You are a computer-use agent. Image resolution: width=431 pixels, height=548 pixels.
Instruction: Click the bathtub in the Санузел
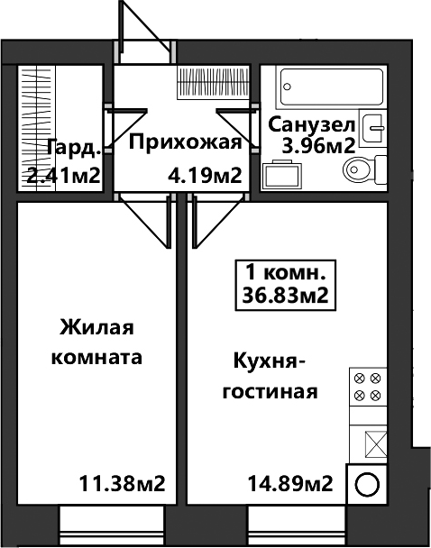(x=332, y=87)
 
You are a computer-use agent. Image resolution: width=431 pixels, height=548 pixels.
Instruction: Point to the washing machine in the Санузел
(x=281, y=174)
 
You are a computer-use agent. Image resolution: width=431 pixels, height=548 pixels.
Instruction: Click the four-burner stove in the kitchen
(x=368, y=387)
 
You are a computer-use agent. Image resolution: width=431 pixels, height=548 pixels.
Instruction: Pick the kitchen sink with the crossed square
(x=376, y=443)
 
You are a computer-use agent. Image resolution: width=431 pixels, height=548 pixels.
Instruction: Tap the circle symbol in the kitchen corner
(x=367, y=485)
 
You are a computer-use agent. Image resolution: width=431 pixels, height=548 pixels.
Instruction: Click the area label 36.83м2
(x=286, y=297)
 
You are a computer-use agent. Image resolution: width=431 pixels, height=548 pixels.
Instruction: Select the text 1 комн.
(x=286, y=273)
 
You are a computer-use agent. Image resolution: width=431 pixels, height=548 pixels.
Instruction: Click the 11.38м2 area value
(x=123, y=484)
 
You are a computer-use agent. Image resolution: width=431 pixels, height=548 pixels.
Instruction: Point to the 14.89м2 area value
(x=290, y=484)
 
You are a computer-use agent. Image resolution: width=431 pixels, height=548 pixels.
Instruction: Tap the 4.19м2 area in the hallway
(x=205, y=176)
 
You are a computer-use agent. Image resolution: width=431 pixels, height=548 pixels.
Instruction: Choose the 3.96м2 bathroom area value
(x=318, y=146)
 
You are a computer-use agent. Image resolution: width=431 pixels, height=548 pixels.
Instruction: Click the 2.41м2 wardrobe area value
(x=64, y=176)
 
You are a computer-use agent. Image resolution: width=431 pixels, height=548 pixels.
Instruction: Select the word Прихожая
(x=186, y=143)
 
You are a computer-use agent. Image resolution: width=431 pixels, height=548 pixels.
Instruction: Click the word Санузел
(x=312, y=125)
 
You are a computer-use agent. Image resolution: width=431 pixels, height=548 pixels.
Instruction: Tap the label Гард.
(x=74, y=149)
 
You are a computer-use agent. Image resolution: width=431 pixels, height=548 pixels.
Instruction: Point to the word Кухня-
(x=270, y=361)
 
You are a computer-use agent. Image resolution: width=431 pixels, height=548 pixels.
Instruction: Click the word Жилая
(x=96, y=327)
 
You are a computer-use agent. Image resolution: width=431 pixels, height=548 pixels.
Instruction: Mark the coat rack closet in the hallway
(x=214, y=82)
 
